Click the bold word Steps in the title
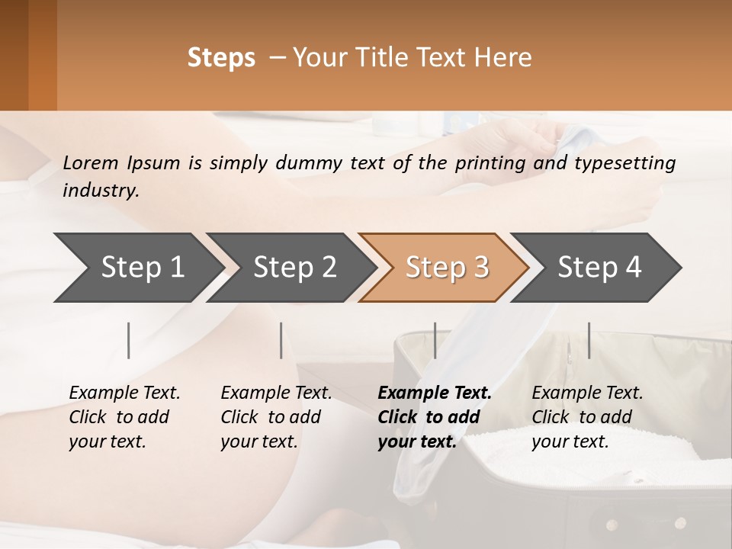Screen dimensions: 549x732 point(221,58)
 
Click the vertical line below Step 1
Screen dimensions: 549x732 point(129,340)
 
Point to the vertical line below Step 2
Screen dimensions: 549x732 point(281,340)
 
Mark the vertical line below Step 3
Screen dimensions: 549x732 point(435,340)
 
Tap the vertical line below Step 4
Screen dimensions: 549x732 point(589,340)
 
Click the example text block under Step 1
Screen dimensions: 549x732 point(124,417)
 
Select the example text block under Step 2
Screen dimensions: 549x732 point(276,417)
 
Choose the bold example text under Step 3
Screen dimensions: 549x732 point(435,417)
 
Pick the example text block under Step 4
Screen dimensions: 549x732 point(587,417)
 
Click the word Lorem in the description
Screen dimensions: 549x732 point(90,163)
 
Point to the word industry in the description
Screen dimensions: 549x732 point(100,191)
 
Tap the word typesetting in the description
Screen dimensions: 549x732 point(629,163)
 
